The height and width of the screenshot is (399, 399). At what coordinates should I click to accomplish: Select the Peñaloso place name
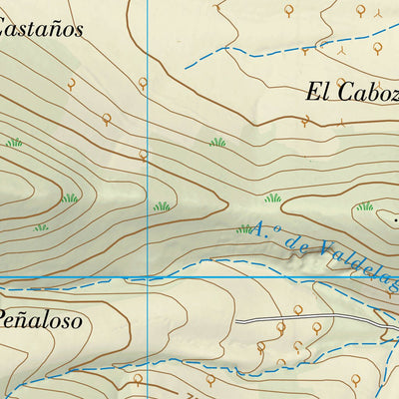coord(39,321)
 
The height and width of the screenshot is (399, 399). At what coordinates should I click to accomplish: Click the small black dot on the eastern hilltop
coord(395,218)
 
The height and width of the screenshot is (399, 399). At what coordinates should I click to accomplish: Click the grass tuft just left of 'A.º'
coord(244,229)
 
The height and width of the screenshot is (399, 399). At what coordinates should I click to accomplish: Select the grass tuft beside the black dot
coord(365,206)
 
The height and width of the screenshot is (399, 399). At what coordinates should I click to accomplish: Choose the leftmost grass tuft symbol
coord(13,143)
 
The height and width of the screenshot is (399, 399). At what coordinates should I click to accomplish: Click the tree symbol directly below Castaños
coord(71,85)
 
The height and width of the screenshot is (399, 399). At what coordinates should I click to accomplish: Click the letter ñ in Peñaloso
coord(33,321)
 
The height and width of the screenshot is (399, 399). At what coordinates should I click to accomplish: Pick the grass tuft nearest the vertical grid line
coord(161,206)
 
